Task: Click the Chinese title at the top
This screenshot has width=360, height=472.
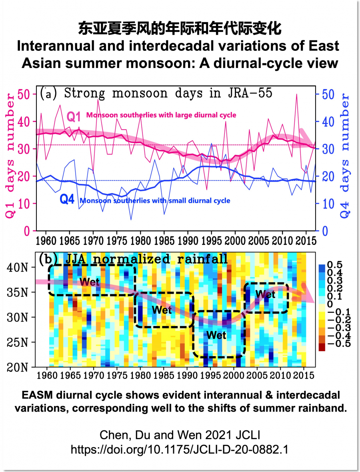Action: (x=180, y=29)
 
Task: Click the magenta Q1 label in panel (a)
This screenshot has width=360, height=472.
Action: (x=74, y=117)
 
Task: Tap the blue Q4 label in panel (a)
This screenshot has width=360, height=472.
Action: (x=67, y=199)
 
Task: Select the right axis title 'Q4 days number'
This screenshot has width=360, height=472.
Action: (x=345, y=156)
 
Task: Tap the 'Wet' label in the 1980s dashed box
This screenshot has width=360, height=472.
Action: (x=162, y=310)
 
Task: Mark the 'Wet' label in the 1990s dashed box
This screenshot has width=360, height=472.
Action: (x=216, y=335)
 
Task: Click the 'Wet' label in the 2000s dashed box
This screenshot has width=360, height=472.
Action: (x=265, y=294)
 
